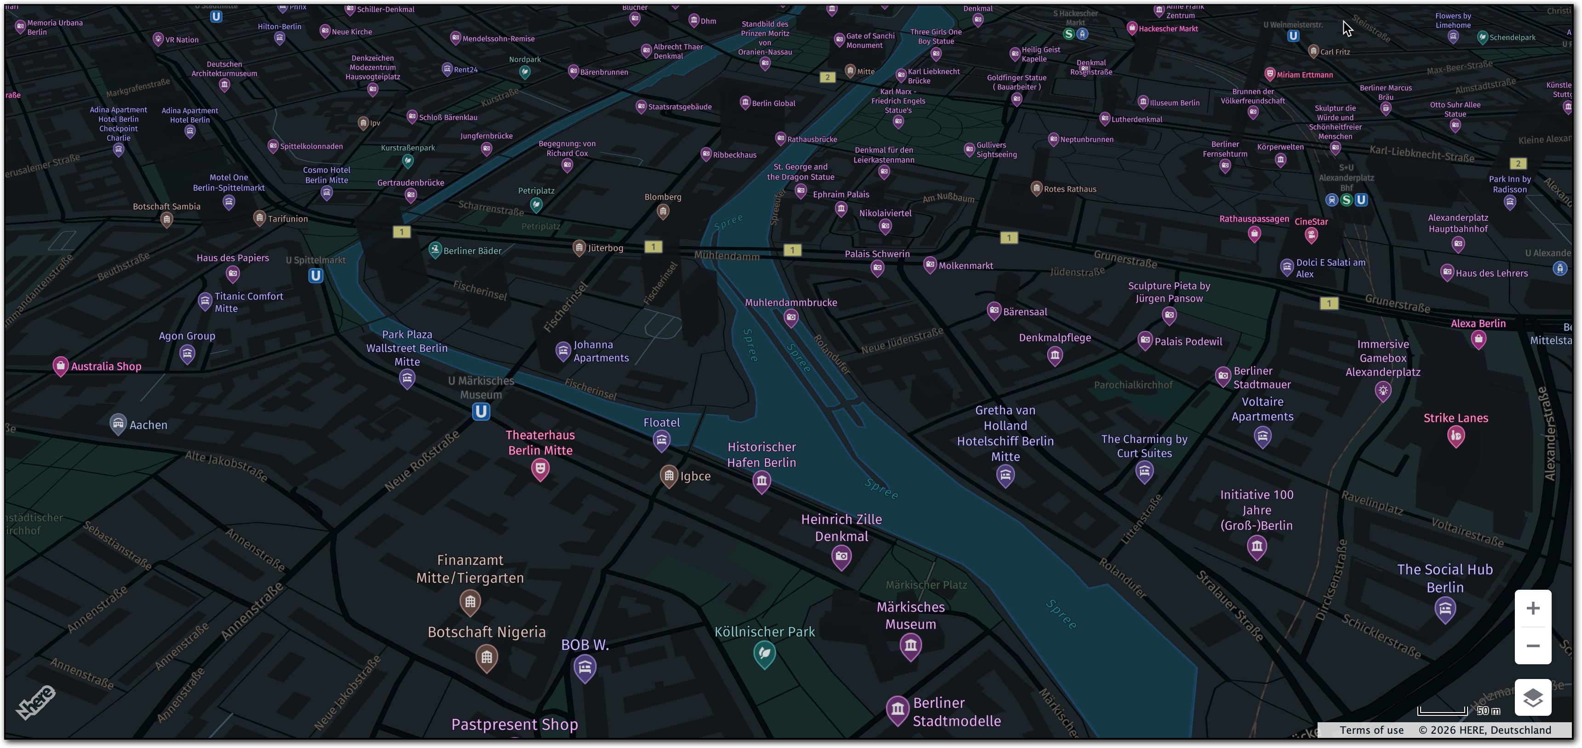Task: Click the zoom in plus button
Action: (x=1532, y=608)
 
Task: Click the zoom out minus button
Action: (x=1532, y=645)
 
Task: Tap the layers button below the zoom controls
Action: (x=1532, y=698)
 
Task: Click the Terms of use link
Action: (x=1371, y=730)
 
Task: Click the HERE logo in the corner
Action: (x=35, y=702)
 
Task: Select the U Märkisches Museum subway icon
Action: (x=481, y=411)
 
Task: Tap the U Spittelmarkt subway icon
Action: (x=315, y=276)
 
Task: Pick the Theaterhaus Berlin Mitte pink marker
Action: (x=540, y=470)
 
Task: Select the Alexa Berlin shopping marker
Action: (x=1478, y=339)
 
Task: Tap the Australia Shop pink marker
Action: (x=60, y=366)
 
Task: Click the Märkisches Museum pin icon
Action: (x=910, y=645)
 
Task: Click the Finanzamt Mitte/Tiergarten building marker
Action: (x=470, y=602)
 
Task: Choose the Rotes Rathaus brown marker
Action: (x=1036, y=188)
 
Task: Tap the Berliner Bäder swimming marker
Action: (x=435, y=249)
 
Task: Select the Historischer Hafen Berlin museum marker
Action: (x=762, y=481)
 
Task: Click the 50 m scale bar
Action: (x=1442, y=711)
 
